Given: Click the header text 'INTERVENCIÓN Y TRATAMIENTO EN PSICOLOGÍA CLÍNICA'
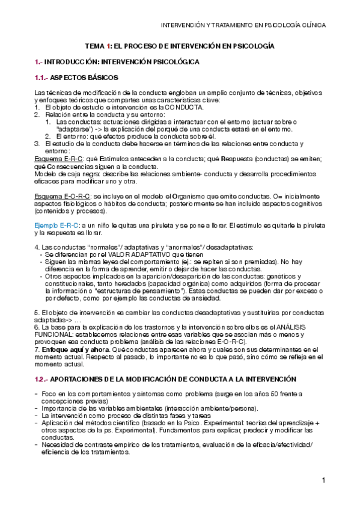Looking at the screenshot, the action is click(245, 26).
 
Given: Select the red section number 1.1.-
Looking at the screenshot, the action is click(41, 78).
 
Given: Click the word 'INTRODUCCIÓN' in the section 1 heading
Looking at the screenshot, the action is click(76, 61).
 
